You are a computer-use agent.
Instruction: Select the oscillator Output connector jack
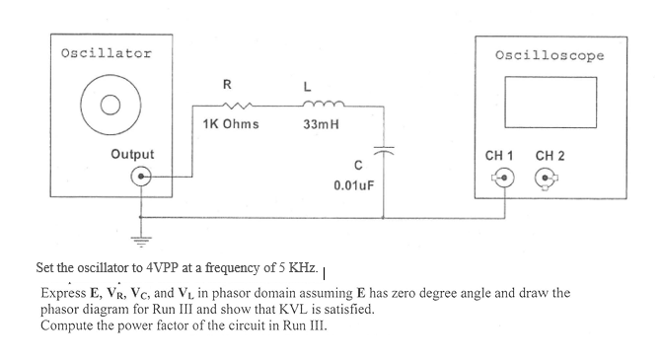pos(143,178)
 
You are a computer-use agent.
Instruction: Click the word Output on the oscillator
pos(132,155)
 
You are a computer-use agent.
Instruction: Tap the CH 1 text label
pos(500,155)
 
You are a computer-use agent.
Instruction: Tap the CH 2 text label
pos(550,155)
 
